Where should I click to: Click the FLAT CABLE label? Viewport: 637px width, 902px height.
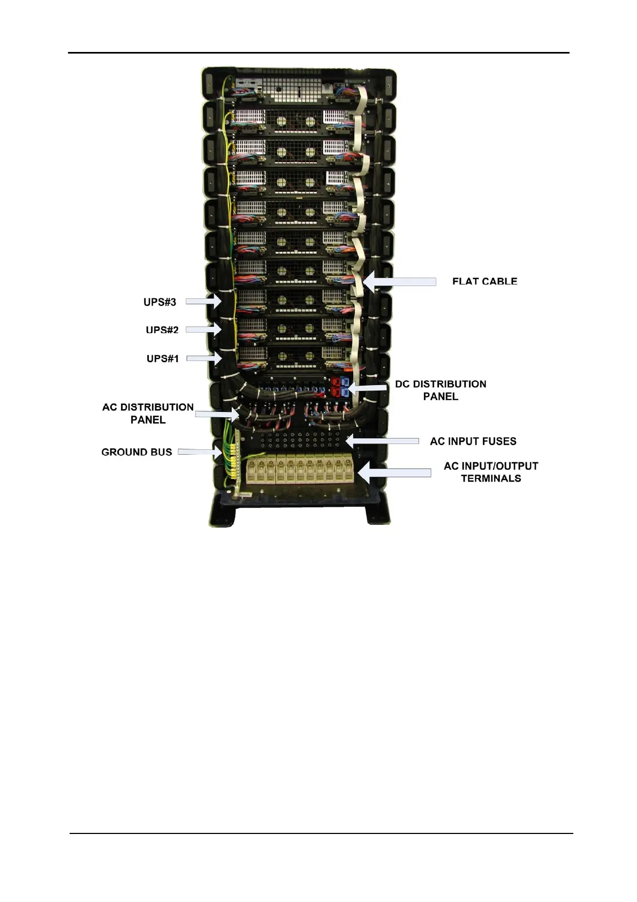point(484,281)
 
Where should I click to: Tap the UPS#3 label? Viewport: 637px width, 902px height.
point(160,302)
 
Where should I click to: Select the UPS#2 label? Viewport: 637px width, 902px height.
point(162,330)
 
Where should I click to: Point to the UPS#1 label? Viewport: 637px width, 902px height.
point(162,358)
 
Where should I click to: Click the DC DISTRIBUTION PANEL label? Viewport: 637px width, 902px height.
point(441,390)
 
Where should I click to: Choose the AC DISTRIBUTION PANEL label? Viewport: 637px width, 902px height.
point(148,414)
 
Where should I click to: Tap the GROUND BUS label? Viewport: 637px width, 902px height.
point(136,452)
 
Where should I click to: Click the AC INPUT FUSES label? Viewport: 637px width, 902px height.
point(473,441)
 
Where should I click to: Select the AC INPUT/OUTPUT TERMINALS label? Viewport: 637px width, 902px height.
point(491,472)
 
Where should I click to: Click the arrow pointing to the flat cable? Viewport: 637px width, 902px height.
point(399,282)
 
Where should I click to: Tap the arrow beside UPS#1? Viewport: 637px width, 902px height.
point(204,358)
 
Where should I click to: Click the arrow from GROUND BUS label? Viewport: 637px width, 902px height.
point(199,452)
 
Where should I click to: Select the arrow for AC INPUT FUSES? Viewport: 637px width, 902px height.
point(381,441)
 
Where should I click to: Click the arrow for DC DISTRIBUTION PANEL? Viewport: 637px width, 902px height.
point(367,387)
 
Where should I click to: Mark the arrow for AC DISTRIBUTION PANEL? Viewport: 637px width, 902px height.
point(217,414)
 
